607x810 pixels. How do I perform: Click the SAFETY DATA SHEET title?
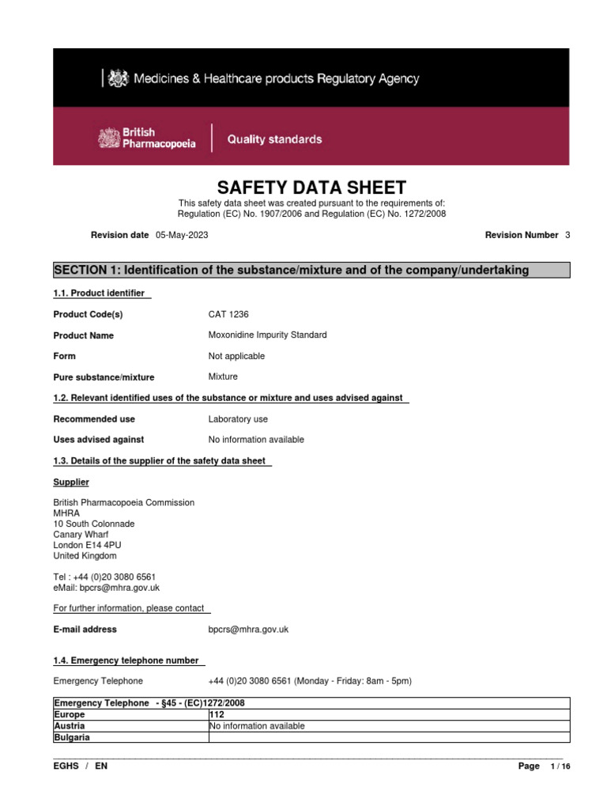point(311,187)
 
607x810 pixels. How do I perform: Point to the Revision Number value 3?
point(567,236)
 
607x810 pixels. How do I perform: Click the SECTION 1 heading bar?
point(311,271)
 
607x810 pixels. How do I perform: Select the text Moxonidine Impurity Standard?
point(267,335)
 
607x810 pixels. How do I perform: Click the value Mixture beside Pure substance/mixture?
point(223,377)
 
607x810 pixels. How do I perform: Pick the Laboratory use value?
point(238,419)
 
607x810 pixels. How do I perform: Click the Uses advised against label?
point(98,440)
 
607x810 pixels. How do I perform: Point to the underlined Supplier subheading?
point(70,482)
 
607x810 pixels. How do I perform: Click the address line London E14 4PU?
point(87,545)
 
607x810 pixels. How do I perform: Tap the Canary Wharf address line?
point(81,535)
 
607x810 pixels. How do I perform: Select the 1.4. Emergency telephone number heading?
point(125,660)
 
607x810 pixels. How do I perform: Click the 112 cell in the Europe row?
point(217,714)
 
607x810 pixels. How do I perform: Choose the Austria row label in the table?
point(70,726)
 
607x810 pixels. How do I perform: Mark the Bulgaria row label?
point(71,737)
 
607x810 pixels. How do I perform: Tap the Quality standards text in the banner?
point(274,139)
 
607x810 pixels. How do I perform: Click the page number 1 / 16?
point(559,766)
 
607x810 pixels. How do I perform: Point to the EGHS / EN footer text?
point(80,766)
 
